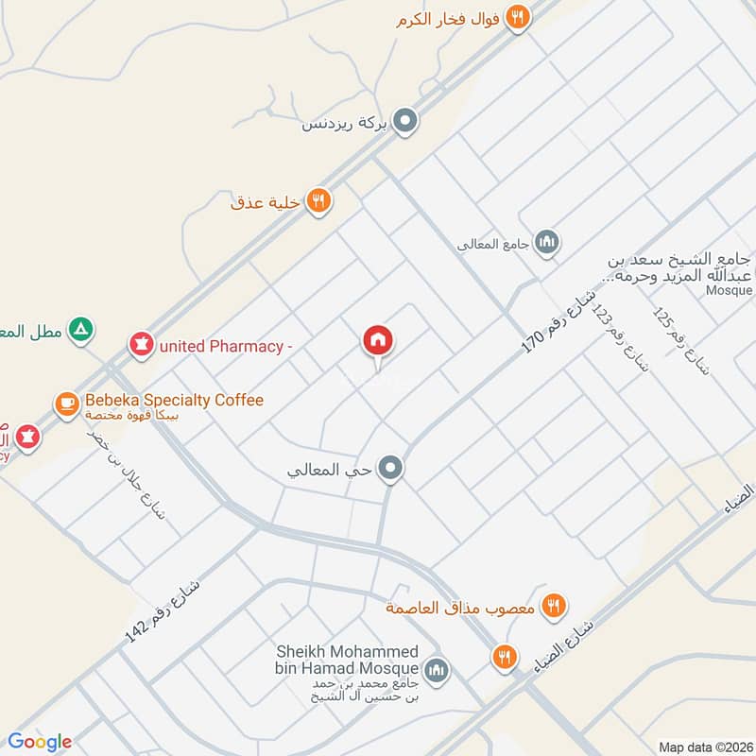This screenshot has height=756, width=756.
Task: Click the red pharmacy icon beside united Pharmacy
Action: click(142, 346)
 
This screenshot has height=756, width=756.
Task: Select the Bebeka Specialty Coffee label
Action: click(174, 400)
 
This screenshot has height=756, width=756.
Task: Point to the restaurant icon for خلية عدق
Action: click(318, 200)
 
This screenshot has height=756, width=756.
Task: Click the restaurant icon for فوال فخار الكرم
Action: click(516, 16)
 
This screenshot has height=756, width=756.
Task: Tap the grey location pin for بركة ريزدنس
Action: click(405, 121)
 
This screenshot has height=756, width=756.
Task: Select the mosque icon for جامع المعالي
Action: click(545, 244)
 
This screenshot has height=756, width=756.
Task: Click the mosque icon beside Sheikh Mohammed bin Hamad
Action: click(435, 670)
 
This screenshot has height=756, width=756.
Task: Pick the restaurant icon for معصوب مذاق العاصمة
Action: click(553, 606)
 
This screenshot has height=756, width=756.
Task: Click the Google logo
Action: click(39, 742)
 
